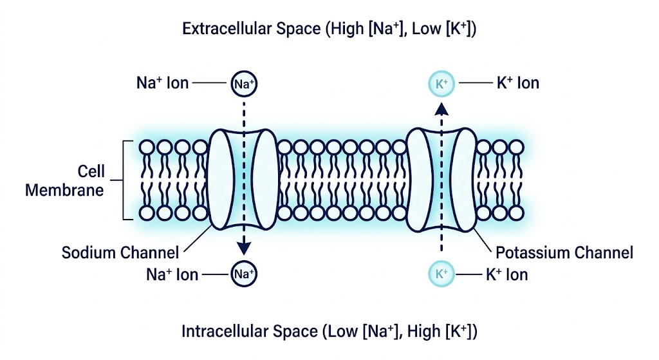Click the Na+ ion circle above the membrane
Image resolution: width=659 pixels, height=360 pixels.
pos(244,84)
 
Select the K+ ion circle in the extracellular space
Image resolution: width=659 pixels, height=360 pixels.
pos(441,84)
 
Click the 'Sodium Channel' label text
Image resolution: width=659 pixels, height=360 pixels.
pos(120,252)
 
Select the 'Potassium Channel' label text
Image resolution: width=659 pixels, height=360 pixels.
pos(565,252)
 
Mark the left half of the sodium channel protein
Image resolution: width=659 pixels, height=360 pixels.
pos(222,178)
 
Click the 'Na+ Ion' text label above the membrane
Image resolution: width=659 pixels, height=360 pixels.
pos(160,84)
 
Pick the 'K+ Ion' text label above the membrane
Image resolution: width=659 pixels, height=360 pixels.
pos(517,84)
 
